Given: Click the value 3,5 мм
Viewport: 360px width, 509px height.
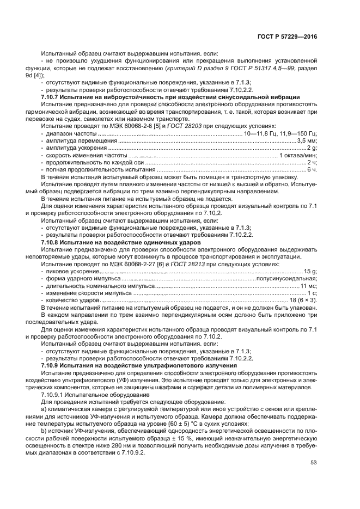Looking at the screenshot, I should [x=306, y=140].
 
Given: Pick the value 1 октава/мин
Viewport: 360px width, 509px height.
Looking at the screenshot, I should [x=298, y=155].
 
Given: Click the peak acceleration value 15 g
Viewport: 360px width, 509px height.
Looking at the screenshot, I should [x=310, y=271].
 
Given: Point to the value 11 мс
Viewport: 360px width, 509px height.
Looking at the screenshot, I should [x=309, y=286].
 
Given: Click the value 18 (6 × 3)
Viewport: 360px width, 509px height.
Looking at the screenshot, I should [x=303, y=301].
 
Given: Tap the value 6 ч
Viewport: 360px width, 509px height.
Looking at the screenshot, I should [x=312, y=170].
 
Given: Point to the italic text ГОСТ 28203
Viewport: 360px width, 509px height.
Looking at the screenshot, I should [x=185, y=126].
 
